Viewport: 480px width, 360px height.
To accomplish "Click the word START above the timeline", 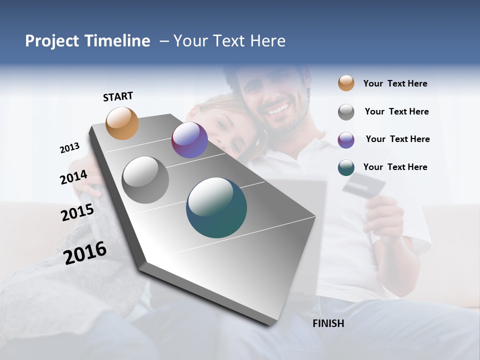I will click(x=118, y=96).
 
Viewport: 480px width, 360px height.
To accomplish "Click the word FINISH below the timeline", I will click(x=328, y=323).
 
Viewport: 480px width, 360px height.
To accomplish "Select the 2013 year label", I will click(x=69, y=148).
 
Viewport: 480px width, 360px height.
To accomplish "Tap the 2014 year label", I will click(x=73, y=177).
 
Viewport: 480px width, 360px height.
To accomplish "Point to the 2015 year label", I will click(x=77, y=212).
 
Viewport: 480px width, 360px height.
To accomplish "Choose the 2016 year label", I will click(x=85, y=252).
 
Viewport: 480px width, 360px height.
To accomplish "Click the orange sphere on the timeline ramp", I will click(x=122, y=123).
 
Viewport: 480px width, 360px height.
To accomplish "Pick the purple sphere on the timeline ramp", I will click(x=189, y=140).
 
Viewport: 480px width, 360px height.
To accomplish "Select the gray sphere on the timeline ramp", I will click(x=145, y=180).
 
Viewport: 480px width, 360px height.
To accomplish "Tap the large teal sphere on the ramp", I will click(x=216, y=207).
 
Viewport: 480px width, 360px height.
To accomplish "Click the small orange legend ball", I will click(x=346, y=83).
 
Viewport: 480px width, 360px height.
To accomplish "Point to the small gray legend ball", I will click(x=346, y=112).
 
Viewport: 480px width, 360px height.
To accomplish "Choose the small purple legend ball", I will click(x=346, y=139).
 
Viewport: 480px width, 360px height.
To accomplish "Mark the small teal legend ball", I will click(x=346, y=167).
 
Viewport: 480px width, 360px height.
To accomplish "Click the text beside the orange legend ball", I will click(x=395, y=83).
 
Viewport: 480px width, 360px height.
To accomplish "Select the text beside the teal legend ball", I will click(x=395, y=167).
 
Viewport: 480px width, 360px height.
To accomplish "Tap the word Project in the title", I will click(x=51, y=41).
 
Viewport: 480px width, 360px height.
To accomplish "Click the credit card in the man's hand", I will click(x=363, y=186).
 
